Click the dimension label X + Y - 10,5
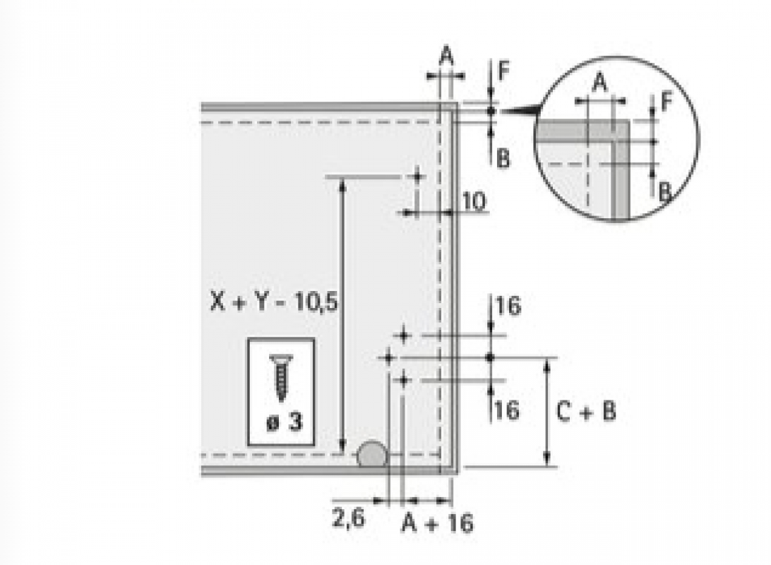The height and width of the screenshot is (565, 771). click(x=274, y=302)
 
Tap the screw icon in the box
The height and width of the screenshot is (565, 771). click(x=281, y=377)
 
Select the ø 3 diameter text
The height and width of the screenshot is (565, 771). click(x=285, y=422)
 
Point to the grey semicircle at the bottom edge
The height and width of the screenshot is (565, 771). click(x=371, y=454)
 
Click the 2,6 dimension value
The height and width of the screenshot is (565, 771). click(x=349, y=518)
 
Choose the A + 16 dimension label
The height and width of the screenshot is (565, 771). click(x=437, y=523)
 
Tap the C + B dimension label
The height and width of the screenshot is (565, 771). click(x=586, y=411)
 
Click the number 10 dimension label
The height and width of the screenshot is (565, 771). click(x=474, y=201)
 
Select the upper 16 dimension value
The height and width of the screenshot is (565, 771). click(x=508, y=305)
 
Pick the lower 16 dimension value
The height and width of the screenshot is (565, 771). click(x=507, y=410)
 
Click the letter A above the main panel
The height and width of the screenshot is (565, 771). click(x=446, y=56)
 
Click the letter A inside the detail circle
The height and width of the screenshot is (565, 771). click(x=599, y=83)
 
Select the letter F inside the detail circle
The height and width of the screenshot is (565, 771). click(x=667, y=102)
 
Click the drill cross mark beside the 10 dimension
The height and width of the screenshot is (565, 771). click(x=417, y=176)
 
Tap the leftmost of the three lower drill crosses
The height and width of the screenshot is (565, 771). click(x=388, y=358)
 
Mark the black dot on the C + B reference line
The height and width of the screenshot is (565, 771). click(x=489, y=357)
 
